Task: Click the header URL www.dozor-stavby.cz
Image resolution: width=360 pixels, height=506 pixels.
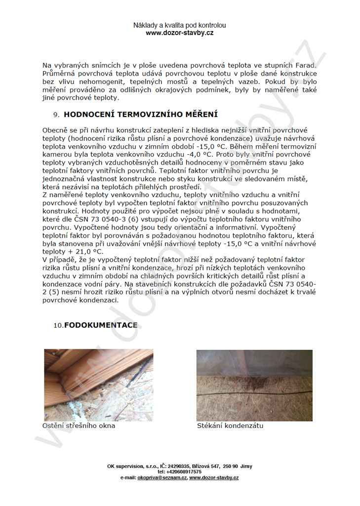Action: tap(180, 33)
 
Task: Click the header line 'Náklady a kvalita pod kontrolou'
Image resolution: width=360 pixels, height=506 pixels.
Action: tap(180, 25)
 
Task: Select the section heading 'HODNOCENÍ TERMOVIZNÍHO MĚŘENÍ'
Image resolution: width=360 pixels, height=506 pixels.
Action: tap(141, 115)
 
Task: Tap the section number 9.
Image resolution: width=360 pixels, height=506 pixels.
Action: tap(56, 115)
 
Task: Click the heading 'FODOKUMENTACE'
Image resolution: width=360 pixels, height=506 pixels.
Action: tap(101, 325)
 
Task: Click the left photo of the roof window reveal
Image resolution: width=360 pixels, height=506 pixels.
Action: tap(98, 384)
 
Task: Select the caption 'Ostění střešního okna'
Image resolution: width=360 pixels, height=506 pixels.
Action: tap(79, 425)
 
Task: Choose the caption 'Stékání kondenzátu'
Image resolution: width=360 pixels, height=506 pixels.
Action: tap(230, 425)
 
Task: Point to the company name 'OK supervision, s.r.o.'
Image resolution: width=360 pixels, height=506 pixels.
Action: tap(130, 466)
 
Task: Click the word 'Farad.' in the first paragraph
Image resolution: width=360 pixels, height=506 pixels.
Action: tap(304, 65)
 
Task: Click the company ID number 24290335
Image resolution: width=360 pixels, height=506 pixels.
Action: tap(181, 466)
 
